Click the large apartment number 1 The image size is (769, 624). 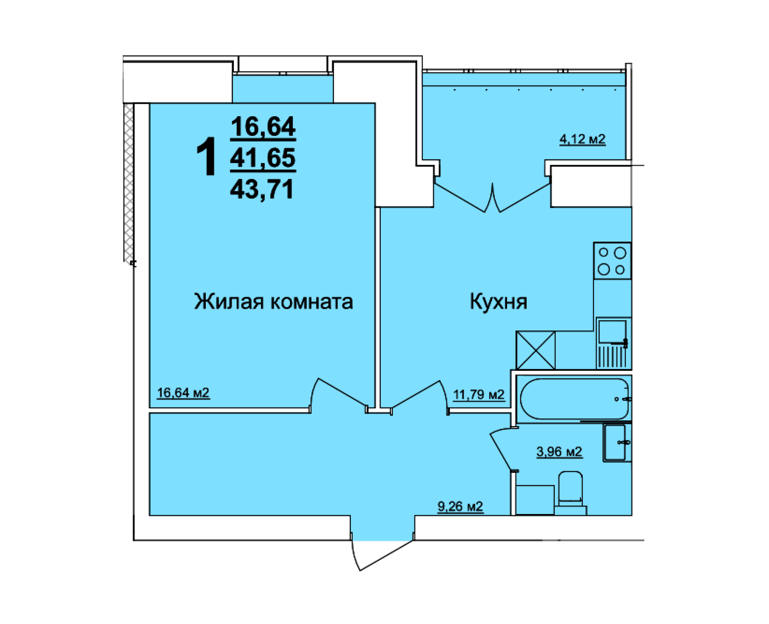(x=206, y=157)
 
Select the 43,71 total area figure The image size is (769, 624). (x=262, y=190)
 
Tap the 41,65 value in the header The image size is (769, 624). (x=263, y=158)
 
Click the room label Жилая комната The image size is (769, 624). (x=273, y=302)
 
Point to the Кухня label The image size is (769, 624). (x=498, y=302)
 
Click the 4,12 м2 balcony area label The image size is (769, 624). (x=582, y=139)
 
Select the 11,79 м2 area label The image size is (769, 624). (x=478, y=395)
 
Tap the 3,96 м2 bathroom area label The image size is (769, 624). (x=559, y=451)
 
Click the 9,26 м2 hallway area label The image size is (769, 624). (x=460, y=507)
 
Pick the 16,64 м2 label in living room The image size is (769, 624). (x=183, y=392)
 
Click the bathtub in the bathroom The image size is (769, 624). (x=574, y=399)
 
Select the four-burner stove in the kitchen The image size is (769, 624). (x=612, y=261)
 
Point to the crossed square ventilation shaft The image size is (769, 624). (x=535, y=350)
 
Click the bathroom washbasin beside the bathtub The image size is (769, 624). (x=616, y=443)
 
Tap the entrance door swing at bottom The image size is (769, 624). (x=381, y=554)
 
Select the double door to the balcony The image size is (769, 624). (x=492, y=198)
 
